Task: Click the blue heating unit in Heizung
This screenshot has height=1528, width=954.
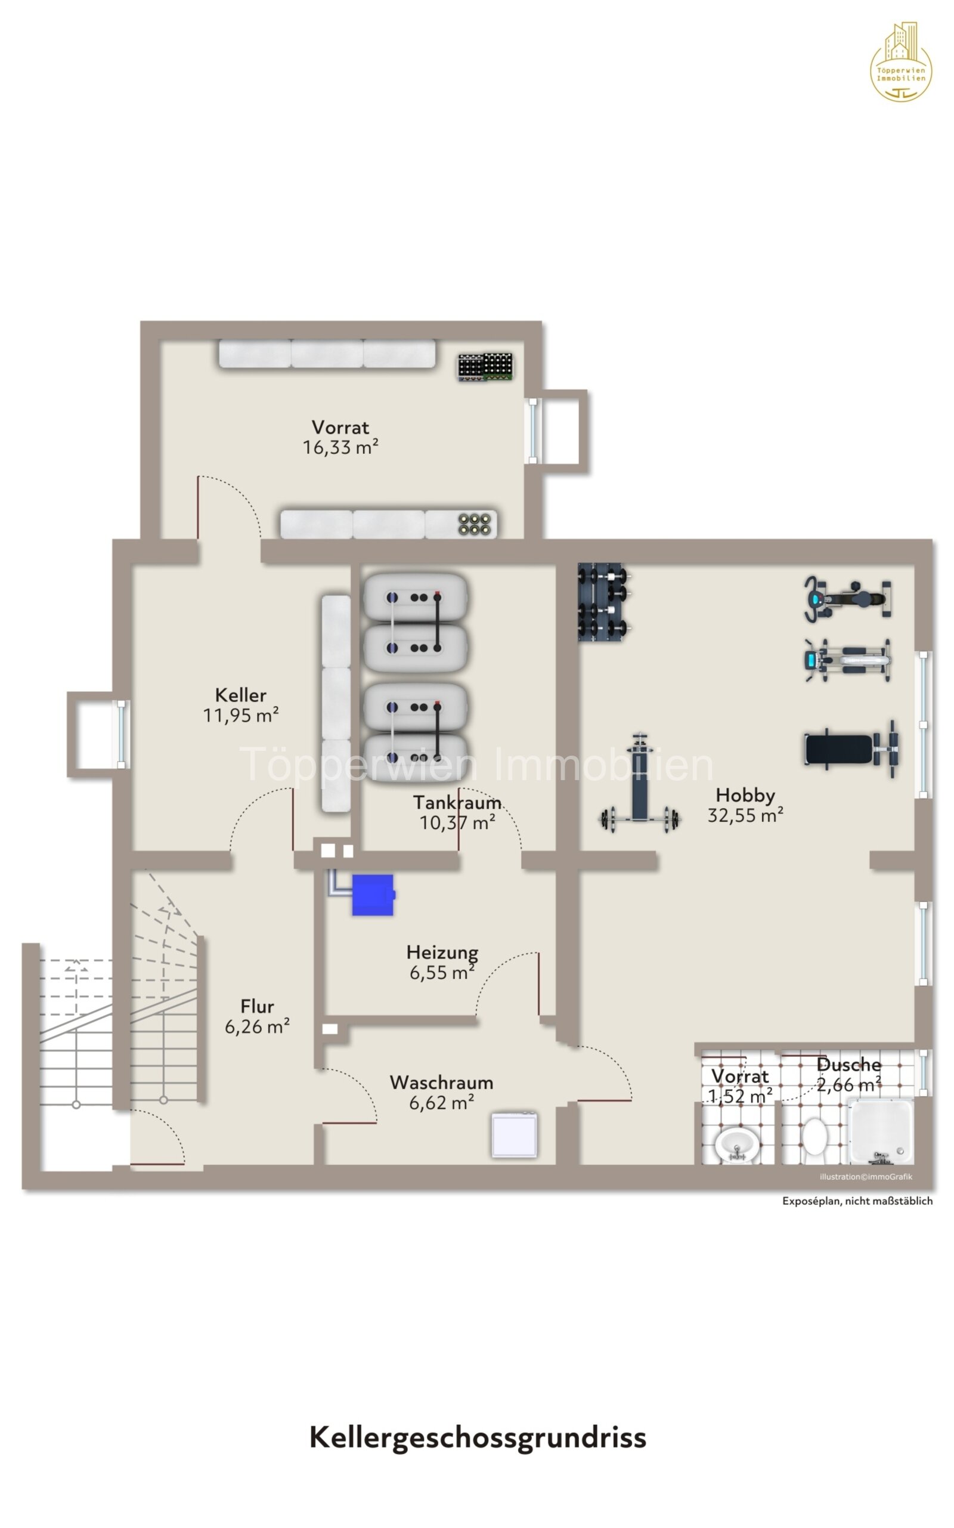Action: pyautogui.click(x=373, y=895)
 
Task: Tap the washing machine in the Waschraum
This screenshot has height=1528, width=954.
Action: pyautogui.click(x=514, y=1136)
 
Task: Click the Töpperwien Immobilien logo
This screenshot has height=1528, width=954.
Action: pyautogui.click(x=901, y=63)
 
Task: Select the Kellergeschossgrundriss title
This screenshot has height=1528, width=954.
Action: pyautogui.click(x=478, y=1437)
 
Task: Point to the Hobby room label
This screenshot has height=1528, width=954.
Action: pyautogui.click(x=745, y=795)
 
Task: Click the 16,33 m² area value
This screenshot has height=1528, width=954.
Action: pyautogui.click(x=340, y=447)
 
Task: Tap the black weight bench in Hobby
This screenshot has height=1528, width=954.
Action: pyautogui.click(x=850, y=749)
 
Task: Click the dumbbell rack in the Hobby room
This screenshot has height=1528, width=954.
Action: pyautogui.click(x=603, y=602)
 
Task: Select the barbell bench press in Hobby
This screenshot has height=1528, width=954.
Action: pyautogui.click(x=639, y=787)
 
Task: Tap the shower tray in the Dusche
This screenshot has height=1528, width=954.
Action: pyautogui.click(x=881, y=1131)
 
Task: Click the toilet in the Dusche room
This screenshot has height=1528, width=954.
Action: pyautogui.click(x=814, y=1136)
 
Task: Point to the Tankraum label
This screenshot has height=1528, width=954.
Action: pyautogui.click(x=457, y=803)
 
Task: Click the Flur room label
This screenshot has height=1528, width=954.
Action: pyautogui.click(x=258, y=1006)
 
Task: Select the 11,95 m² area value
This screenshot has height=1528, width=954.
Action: pyautogui.click(x=241, y=716)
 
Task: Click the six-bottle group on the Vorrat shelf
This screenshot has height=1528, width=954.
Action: pyautogui.click(x=475, y=524)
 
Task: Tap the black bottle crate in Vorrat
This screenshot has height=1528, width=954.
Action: pyautogui.click(x=485, y=367)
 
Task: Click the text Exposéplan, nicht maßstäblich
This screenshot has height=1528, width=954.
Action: pyautogui.click(x=857, y=1201)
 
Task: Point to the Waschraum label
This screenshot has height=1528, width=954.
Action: pyautogui.click(x=442, y=1082)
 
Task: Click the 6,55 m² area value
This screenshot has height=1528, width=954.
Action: pyautogui.click(x=442, y=973)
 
